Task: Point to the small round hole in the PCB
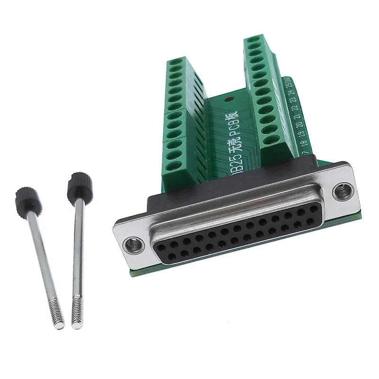tap(229, 100)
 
